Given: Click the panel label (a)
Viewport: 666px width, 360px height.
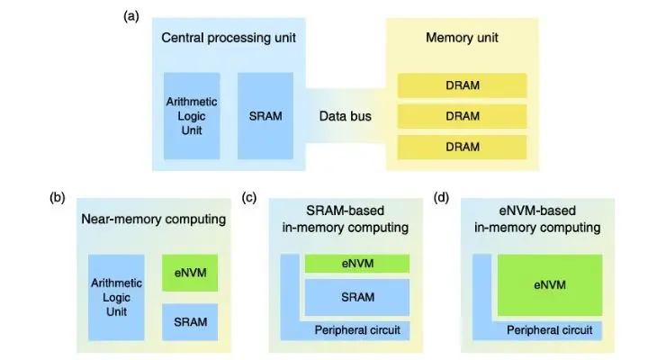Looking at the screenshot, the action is [x=130, y=16].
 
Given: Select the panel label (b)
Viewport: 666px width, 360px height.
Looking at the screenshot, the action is [x=58, y=197].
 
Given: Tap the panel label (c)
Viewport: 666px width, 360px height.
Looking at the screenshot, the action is [x=249, y=197].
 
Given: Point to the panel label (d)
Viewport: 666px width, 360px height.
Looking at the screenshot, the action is [x=441, y=197].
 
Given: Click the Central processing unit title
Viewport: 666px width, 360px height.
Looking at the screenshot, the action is [x=229, y=38].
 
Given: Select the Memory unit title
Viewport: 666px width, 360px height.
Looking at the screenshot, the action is [x=462, y=38].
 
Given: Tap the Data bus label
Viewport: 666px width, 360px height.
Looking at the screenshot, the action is [x=346, y=116].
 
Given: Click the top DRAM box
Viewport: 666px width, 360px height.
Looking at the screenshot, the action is [x=462, y=85].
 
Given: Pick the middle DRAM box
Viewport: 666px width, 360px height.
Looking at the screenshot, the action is [x=462, y=116].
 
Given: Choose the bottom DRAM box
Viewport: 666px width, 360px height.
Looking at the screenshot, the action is [x=462, y=147].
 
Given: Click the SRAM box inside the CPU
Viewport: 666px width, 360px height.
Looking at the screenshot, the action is [x=265, y=116].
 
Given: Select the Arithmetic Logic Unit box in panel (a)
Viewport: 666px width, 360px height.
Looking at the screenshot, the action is [x=192, y=116].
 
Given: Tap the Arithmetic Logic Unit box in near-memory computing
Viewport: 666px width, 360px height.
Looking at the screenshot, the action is [x=116, y=297].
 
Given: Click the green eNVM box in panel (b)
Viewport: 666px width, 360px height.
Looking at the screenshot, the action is [x=190, y=273].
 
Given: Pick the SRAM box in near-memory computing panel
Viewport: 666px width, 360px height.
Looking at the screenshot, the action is [x=190, y=322].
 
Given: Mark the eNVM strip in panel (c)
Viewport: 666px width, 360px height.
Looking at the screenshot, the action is [x=357, y=263].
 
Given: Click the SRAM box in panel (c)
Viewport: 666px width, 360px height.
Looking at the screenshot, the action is [x=357, y=297].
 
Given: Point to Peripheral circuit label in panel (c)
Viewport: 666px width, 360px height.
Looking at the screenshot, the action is [x=357, y=330].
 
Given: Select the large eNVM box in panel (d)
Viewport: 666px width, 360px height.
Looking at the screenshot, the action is [x=550, y=285].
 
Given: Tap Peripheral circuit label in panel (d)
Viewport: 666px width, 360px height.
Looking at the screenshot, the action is [x=550, y=330].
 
